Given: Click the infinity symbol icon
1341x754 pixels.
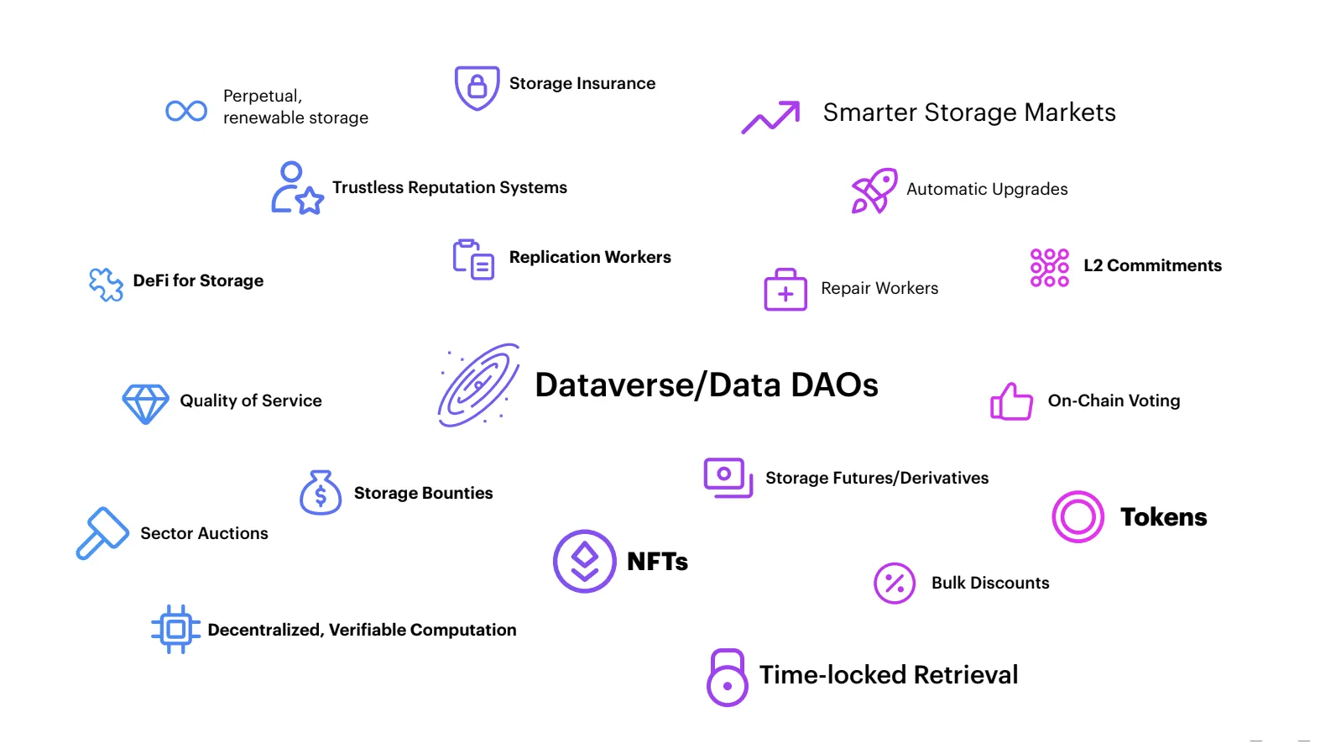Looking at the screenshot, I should [186, 111].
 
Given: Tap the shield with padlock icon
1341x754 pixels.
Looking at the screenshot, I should [477, 87].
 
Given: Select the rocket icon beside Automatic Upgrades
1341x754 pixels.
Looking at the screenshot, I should [874, 191].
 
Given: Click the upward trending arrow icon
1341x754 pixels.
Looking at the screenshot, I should [770, 118].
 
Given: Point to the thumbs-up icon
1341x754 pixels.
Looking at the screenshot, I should [1011, 401].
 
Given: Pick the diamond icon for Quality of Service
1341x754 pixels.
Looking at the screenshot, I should [145, 404].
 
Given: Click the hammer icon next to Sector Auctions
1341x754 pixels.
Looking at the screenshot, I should [102, 533].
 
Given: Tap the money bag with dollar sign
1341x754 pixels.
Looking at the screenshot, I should [321, 494].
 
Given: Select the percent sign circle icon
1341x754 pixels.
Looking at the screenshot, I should [895, 584].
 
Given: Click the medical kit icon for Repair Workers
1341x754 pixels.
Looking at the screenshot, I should [785, 291].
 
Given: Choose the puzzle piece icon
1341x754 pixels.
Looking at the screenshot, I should [106, 285].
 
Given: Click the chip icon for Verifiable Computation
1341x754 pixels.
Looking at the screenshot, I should [175, 629].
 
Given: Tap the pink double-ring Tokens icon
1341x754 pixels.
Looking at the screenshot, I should [1077, 517].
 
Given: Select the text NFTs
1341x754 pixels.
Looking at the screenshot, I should [657, 562].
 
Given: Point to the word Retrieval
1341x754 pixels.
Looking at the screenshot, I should [965, 675].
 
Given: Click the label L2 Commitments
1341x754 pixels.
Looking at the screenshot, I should [1152, 266].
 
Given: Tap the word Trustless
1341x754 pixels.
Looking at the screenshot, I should [367, 188].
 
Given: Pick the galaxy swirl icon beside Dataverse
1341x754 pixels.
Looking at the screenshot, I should [478, 385].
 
